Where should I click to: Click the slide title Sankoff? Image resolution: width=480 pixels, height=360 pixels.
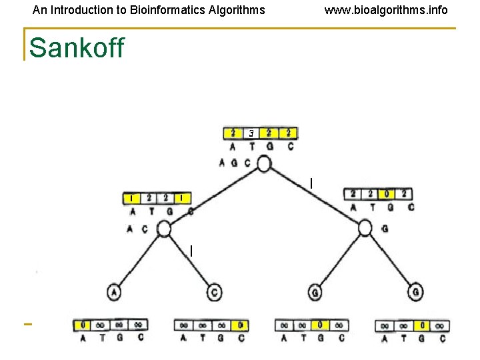point(77,48)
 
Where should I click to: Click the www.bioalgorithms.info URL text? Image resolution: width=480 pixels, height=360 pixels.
point(386,10)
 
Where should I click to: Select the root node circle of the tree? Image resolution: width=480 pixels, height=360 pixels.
point(264,164)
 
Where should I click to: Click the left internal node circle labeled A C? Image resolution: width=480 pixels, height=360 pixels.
point(163,229)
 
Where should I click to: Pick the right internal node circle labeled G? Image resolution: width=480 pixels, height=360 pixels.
point(365,228)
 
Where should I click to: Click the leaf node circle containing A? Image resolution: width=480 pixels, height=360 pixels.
point(114,292)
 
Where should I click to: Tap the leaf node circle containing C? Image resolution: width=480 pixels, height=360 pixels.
point(214,292)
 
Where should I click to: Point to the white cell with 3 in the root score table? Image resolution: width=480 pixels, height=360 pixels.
point(251,133)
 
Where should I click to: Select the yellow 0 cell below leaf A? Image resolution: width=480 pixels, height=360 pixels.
point(83,325)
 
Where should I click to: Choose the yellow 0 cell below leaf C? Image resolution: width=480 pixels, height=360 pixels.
point(240,325)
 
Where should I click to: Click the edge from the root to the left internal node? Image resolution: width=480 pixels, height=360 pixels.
point(213,197)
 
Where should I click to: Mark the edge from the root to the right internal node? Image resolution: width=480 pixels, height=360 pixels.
point(315,196)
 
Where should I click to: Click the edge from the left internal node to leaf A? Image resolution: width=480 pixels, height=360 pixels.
point(139,260)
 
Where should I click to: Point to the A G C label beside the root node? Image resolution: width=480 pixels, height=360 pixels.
point(235,163)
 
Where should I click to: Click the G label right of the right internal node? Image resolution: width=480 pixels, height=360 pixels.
point(385,229)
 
